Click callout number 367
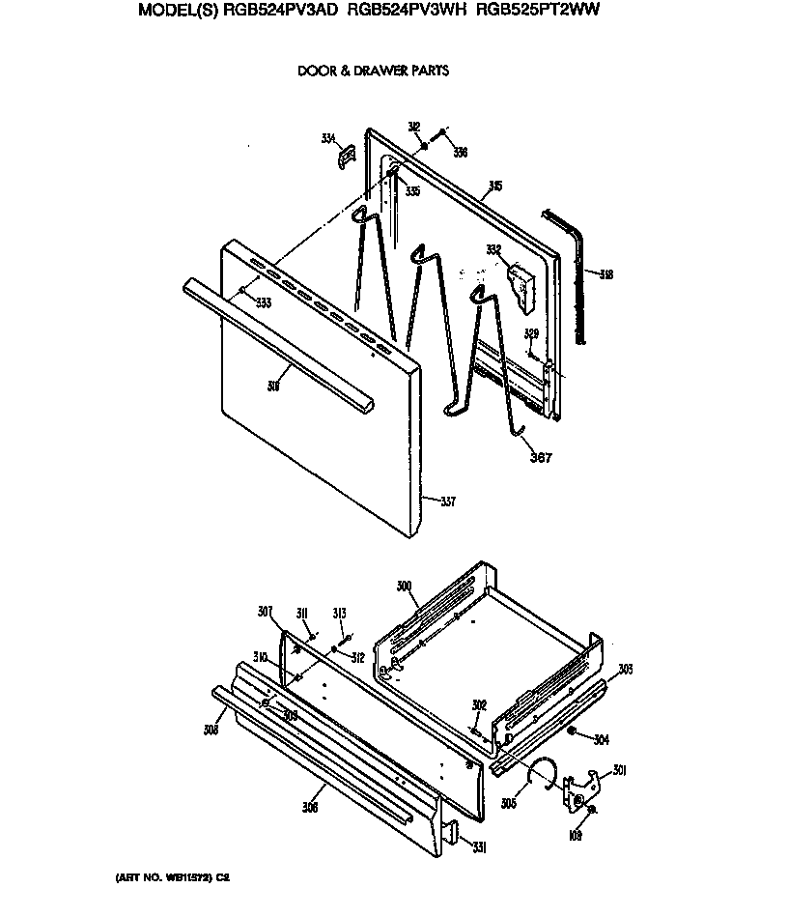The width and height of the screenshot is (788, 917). (542, 457)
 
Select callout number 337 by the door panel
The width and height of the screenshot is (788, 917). (448, 501)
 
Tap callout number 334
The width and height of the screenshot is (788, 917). (328, 140)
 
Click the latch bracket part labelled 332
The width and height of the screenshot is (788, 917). (521, 289)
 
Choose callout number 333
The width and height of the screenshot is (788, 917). (263, 303)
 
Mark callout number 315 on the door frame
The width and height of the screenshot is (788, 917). (494, 186)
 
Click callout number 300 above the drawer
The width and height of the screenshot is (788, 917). (404, 587)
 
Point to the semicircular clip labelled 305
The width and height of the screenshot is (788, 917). (547, 772)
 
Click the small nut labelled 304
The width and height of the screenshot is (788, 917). (573, 732)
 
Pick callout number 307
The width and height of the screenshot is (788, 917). (266, 611)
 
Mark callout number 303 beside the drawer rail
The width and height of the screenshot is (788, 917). (625, 669)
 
